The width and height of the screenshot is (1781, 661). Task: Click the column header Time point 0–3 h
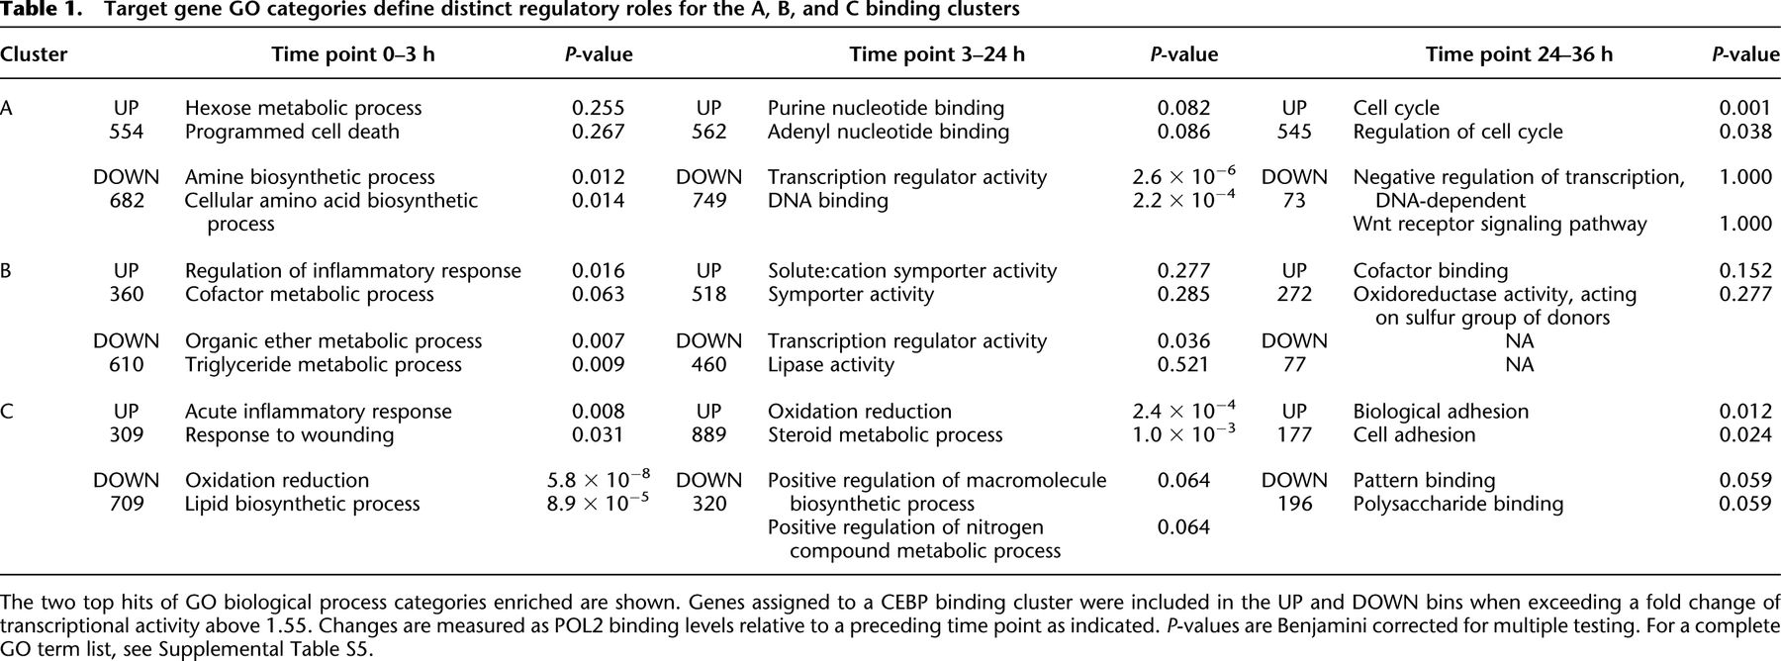click(353, 54)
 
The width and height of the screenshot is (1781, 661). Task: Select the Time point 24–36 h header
click(1519, 54)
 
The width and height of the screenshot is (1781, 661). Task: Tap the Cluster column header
click(34, 54)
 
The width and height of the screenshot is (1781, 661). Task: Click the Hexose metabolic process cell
click(303, 108)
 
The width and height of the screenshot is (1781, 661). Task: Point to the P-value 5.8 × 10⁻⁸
click(599, 480)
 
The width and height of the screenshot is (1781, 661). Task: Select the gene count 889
click(708, 434)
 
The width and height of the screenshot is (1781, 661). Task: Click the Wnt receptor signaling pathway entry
click(1499, 225)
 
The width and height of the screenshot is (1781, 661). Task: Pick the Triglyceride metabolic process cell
click(323, 365)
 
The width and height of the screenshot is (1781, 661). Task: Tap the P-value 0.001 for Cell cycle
click(1745, 108)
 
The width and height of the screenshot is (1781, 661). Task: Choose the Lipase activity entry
click(830, 365)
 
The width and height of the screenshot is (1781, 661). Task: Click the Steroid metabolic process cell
click(885, 435)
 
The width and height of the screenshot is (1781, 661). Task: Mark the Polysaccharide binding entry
click(1457, 505)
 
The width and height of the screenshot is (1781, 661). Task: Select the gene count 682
click(126, 201)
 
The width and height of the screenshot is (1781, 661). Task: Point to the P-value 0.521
click(1183, 365)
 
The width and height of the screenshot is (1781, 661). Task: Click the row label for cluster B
click(7, 271)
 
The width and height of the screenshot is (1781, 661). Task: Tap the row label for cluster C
click(7, 412)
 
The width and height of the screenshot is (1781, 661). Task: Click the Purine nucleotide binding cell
click(886, 108)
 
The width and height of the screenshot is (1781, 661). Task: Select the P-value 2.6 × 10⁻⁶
click(1183, 177)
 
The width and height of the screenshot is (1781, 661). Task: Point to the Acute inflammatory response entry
click(318, 412)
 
